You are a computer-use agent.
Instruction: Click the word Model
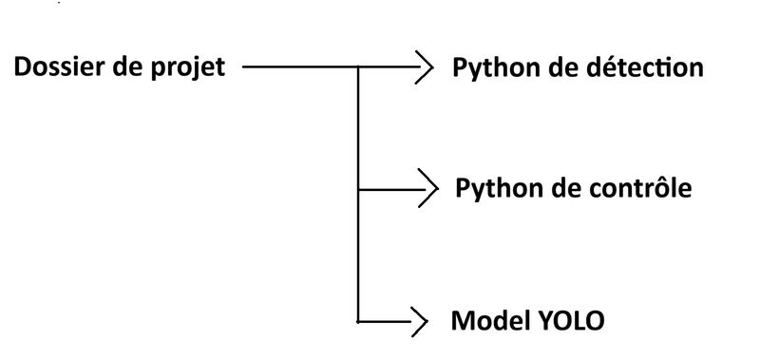click(x=485, y=320)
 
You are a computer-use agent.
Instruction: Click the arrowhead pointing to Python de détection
click(x=422, y=68)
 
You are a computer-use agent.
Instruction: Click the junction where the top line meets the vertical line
click(x=357, y=68)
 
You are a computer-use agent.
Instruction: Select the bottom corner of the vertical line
click(x=357, y=321)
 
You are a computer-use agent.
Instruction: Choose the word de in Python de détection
click(x=561, y=68)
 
